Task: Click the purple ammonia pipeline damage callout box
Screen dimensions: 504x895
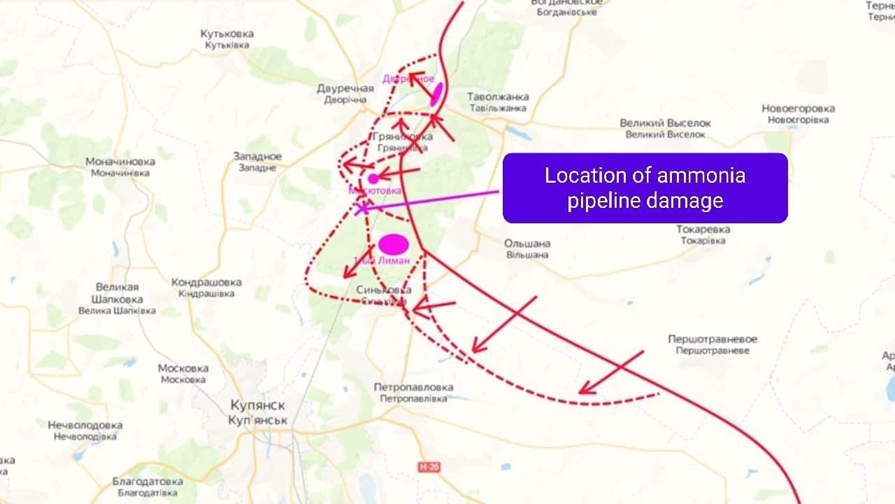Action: click(x=645, y=188)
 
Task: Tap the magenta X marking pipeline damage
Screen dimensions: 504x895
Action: click(x=361, y=208)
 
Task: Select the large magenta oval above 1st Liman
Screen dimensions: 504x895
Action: click(x=393, y=244)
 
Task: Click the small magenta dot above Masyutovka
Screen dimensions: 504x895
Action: click(x=373, y=178)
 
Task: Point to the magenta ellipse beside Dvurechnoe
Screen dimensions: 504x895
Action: click(x=436, y=93)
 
